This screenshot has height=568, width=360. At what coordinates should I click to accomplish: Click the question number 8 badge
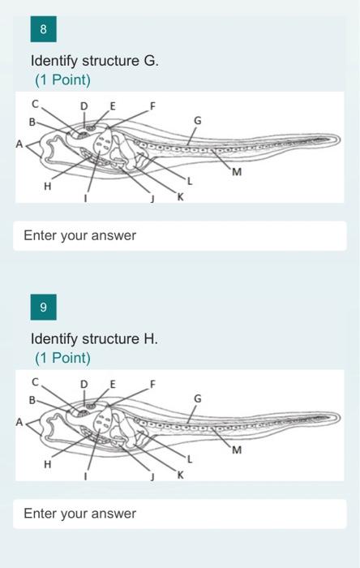(x=43, y=29)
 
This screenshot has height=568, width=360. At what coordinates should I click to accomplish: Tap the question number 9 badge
(x=43, y=308)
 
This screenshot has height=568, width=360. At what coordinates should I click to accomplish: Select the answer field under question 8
(x=179, y=236)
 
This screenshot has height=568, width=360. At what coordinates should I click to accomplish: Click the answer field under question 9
(x=179, y=514)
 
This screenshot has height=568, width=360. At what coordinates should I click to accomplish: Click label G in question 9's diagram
(x=198, y=398)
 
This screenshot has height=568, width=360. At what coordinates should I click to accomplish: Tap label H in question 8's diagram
(x=47, y=187)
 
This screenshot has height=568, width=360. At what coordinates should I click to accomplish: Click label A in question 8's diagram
(x=19, y=144)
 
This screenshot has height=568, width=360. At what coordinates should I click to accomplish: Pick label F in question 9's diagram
(x=152, y=383)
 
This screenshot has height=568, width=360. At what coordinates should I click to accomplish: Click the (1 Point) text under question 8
(x=62, y=80)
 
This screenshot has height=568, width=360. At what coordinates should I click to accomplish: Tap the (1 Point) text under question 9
(x=62, y=358)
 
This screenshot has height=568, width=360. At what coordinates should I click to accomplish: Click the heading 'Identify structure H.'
(x=94, y=338)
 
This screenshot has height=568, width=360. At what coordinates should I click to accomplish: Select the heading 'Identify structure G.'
(x=95, y=60)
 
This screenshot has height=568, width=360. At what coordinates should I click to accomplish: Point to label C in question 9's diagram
(x=35, y=381)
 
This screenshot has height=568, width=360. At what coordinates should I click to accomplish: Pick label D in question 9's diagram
(x=84, y=383)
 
